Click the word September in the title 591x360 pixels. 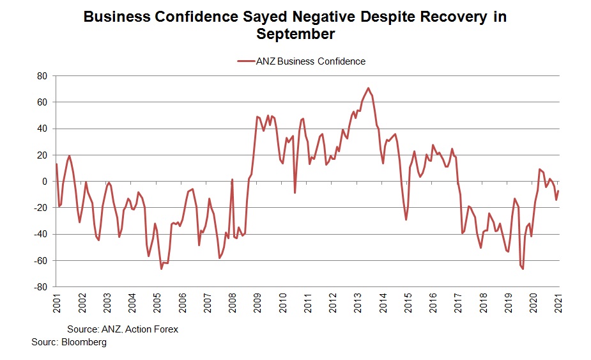coord(295,35)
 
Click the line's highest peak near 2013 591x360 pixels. coord(369,88)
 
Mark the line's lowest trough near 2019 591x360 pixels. coord(523,269)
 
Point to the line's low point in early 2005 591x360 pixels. coord(162,269)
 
